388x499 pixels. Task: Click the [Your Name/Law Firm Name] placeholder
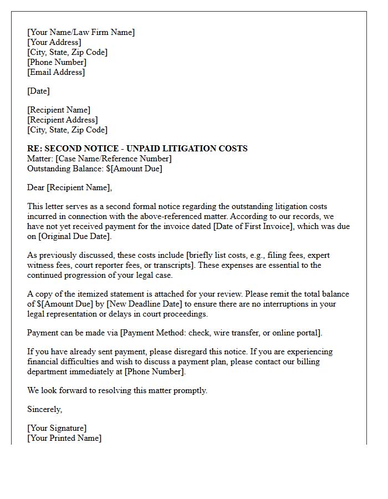[x=81, y=32]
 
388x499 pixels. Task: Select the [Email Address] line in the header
[x=56, y=72]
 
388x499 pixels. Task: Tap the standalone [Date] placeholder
[x=38, y=91]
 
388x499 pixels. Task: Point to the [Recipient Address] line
[x=63, y=120]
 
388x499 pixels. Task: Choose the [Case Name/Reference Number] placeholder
[x=113, y=159]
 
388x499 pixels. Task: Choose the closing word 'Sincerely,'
[x=45, y=409]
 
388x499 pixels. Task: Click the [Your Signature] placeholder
[x=57, y=428]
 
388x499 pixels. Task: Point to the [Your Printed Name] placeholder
[x=64, y=438]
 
